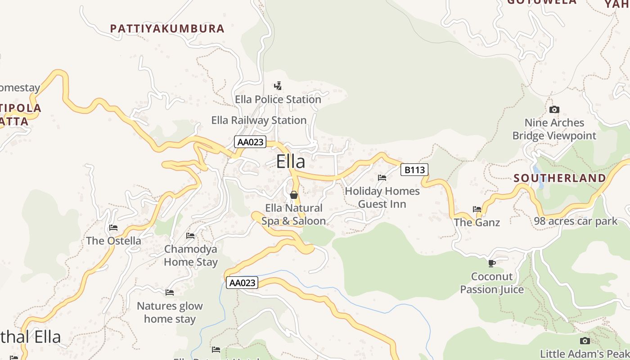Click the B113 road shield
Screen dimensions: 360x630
point(414,170)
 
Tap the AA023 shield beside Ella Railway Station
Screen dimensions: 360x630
point(250,142)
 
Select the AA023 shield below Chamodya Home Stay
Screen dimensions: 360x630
point(242,283)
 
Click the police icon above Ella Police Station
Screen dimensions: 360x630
point(278,85)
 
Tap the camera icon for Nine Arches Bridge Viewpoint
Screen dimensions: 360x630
point(554,109)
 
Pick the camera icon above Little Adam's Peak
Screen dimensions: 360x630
point(585,341)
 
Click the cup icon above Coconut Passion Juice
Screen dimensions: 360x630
point(492,263)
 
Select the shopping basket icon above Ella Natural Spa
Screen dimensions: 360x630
point(293,195)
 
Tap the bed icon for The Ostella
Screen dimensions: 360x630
point(113,228)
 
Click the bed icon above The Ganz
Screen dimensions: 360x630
point(477,209)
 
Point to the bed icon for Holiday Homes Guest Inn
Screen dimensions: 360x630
point(382,178)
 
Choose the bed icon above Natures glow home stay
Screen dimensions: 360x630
point(170,292)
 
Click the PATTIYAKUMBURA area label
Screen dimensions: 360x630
point(167,28)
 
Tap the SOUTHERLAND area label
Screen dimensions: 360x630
point(560,178)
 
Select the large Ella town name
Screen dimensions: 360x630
point(290,162)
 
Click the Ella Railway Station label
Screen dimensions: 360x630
point(259,120)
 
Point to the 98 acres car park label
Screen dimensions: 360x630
point(576,221)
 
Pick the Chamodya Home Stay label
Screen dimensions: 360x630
point(190,255)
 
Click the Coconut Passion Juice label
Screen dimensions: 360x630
point(492,283)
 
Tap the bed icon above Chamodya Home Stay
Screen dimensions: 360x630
point(190,236)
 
